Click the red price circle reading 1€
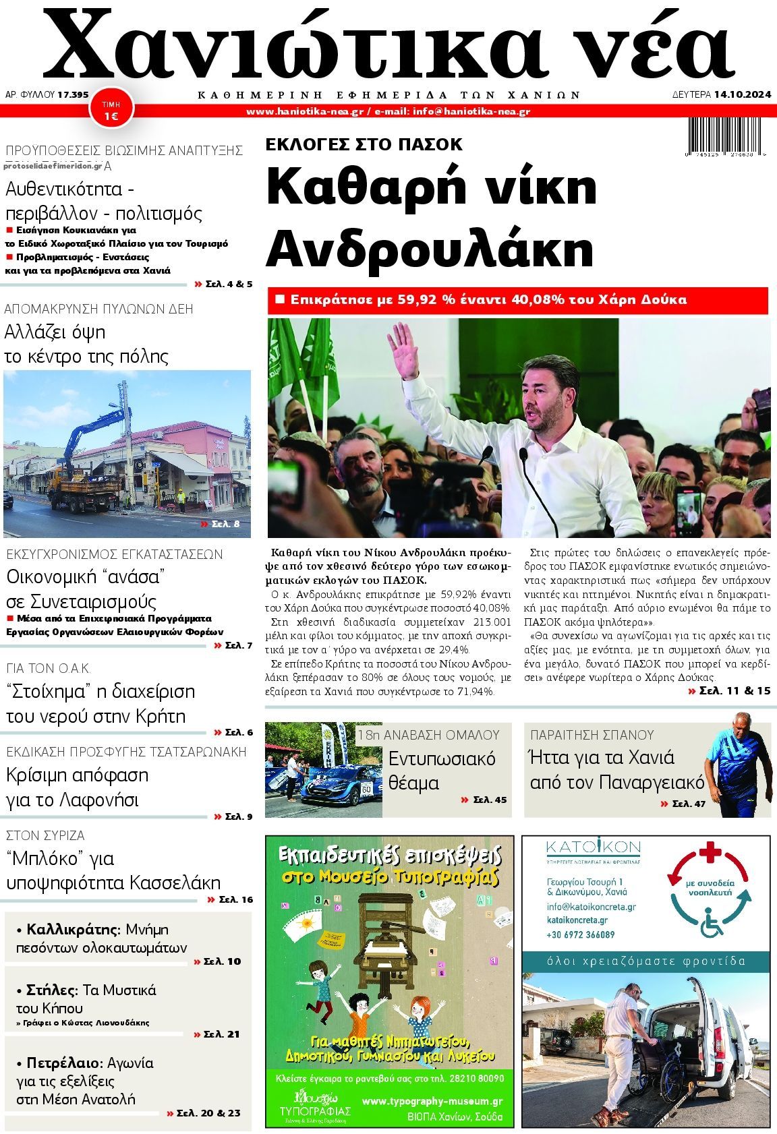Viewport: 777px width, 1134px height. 111,110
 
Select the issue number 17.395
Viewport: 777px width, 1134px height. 73,95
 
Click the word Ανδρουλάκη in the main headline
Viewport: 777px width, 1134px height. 430,247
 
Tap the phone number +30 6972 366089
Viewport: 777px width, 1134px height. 580,934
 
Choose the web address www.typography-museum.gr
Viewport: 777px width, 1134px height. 432,1101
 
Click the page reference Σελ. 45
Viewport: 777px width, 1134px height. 484,800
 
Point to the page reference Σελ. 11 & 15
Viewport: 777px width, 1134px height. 729,690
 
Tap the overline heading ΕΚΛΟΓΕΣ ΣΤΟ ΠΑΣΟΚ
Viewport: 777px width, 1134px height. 364,144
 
